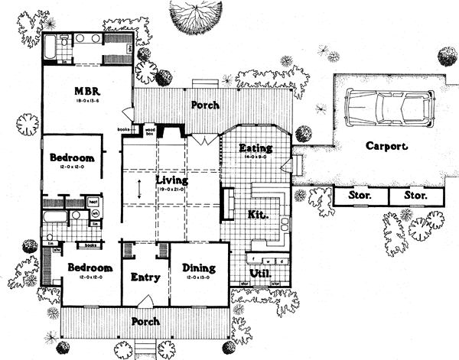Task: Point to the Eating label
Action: tap(252, 148)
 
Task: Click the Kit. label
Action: tap(257, 216)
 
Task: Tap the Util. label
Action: tap(262, 272)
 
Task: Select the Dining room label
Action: tap(198, 268)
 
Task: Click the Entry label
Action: tap(145, 277)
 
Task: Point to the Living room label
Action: tap(172, 180)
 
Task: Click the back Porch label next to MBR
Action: tap(205, 105)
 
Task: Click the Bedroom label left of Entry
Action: tap(90, 268)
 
